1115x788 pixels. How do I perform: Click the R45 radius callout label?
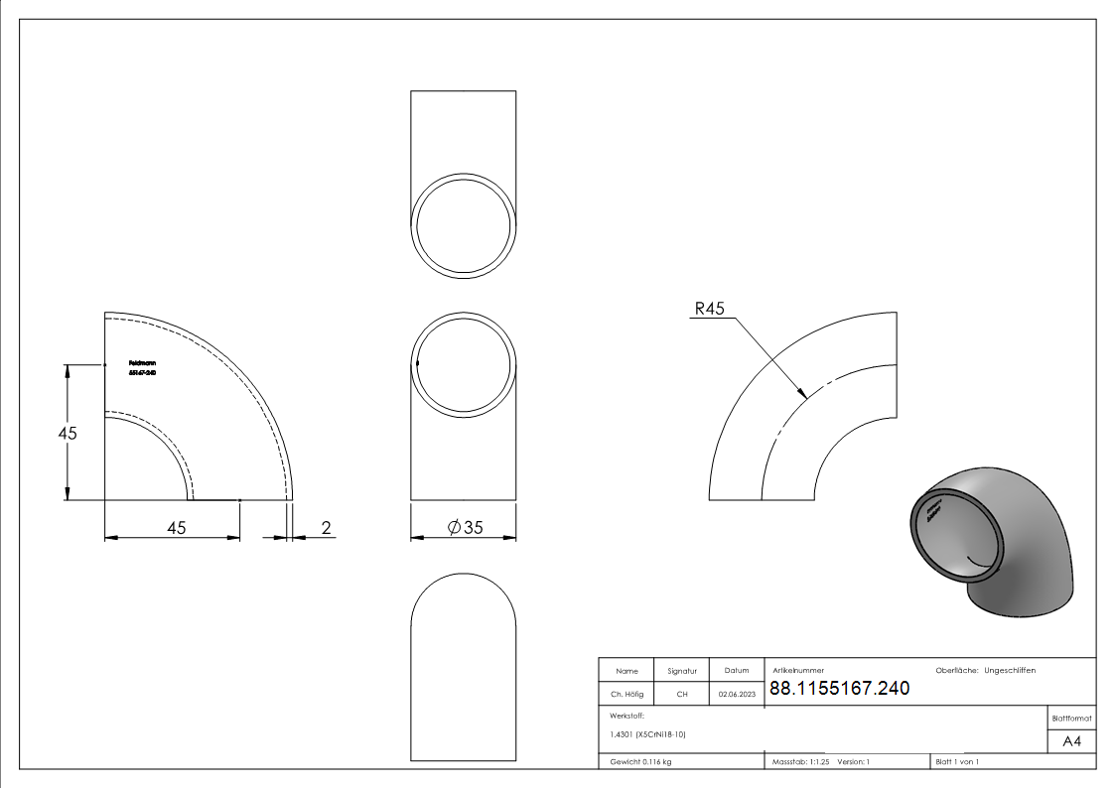click(x=710, y=309)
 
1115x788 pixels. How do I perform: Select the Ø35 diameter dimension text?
click(x=465, y=528)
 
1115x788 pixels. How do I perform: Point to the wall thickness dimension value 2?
click(x=326, y=528)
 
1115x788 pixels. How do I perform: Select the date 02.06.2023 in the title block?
click(x=737, y=695)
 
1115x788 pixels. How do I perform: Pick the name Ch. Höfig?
click(x=627, y=695)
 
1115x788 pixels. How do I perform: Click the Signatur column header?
click(x=682, y=671)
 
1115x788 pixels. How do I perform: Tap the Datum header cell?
click(x=737, y=671)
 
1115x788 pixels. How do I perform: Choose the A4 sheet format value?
click(x=1072, y=741)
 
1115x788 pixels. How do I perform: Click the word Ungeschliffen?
click(x=1010, y=671)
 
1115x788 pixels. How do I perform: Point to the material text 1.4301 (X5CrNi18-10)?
click(x=648, y=734)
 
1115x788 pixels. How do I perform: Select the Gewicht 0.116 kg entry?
click(x=640, y=761)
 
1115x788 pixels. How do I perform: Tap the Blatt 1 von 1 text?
click(x=957, y=761)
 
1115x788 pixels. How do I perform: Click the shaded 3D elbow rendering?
click(x=993, y=541)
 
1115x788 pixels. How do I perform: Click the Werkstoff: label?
click(x=627, y=715)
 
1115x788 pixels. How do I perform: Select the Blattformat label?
click(x=1072, y=718)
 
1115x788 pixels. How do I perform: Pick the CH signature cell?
click(x=682, y=695)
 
